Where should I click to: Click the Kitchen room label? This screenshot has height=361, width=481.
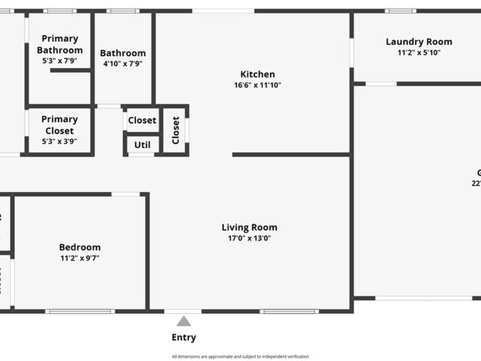point(257,74)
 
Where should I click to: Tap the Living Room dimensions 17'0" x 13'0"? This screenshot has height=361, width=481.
point(249,238)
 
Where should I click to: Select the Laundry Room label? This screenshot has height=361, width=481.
point(419,42)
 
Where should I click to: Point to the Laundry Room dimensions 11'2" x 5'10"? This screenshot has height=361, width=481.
point(419,53)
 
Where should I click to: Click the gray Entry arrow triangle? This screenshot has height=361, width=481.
point(184,322)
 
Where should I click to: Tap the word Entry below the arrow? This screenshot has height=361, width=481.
point(184,337)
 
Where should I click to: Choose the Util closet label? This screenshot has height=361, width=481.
point(142,145)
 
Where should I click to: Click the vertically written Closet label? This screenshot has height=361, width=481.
point(176,130)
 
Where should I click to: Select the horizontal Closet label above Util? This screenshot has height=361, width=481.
point(142,120)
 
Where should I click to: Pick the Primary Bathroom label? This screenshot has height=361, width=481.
point(60,44)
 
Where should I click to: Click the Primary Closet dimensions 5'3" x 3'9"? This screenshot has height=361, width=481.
point(60,141)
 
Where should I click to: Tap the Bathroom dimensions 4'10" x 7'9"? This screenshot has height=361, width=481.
point(123,64)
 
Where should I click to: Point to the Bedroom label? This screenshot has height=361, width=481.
point(79,247)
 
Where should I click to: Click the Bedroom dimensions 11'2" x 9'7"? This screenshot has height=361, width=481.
point(79,258)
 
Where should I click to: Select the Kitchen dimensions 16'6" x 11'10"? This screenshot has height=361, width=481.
point(257,85)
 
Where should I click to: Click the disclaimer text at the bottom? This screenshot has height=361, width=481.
point(240,357)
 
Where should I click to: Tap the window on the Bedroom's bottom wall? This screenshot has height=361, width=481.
point(80,311)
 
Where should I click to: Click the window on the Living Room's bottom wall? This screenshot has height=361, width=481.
point(289,311)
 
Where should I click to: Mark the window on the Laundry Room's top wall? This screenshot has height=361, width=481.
point(400,11)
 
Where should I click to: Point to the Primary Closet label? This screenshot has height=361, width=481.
point(60,125)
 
